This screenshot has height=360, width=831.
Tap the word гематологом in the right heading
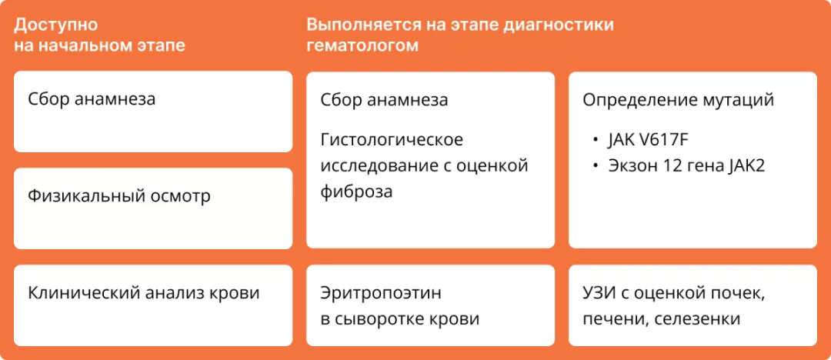click(x=362, y=45)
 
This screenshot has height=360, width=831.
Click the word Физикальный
click(x=78, y=196)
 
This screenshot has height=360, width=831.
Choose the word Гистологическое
click(x=392, y=140)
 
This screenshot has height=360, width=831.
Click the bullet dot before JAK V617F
click(x=595, y=141)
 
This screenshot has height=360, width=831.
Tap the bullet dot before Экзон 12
click(x=595, y=166)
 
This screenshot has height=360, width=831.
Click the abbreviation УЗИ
click(x=598, y=293)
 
